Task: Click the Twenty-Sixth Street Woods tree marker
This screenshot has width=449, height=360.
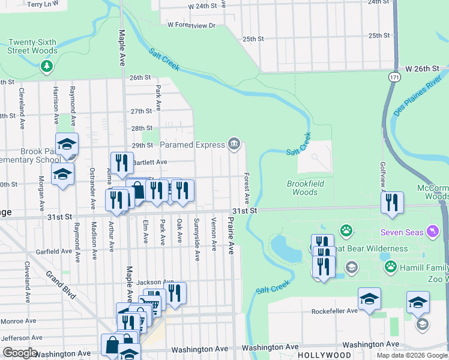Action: (46, 67)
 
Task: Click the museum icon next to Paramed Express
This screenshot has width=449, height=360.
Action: (234, 144)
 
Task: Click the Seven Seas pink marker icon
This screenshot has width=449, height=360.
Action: (431, 232)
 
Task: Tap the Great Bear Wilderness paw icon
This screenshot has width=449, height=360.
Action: (346, 230)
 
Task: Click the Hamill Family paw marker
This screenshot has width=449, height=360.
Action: (390, 265)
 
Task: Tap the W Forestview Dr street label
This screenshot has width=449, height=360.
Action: (191, 25)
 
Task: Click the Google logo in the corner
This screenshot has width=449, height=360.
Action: (19, 353)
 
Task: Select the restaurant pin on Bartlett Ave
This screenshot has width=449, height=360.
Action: (122, 163)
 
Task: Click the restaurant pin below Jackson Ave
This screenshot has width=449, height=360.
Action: (175, 293)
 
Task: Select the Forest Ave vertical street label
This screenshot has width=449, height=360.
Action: (246, 188)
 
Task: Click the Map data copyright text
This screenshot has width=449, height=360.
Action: (412, 355)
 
